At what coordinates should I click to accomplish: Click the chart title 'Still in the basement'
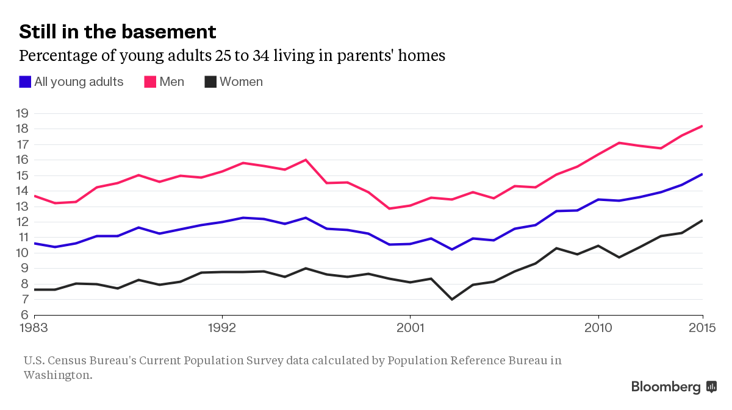(118, 32)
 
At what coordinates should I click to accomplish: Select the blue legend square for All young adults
(25, 82)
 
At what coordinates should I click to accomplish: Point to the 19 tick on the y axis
(22, 113)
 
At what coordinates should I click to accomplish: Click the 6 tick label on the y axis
(24, 315)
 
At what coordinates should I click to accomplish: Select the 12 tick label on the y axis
(22, 222)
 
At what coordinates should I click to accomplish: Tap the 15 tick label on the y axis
(22, 175)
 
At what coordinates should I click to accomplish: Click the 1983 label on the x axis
(35, 328)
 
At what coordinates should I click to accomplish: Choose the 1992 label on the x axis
(222, 328)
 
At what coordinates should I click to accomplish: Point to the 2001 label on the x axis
(410, 328)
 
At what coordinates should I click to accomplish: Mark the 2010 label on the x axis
(598, 328)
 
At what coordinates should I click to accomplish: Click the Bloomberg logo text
(666, 387)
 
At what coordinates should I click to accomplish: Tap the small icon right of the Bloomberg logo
(711, 386)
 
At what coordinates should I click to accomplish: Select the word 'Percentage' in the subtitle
(53, 56)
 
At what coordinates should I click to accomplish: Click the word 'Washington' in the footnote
(57, 375)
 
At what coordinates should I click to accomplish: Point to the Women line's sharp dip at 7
(452, 299)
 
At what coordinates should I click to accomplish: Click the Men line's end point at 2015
(703, 126)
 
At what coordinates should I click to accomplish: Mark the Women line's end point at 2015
(703, 221)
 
